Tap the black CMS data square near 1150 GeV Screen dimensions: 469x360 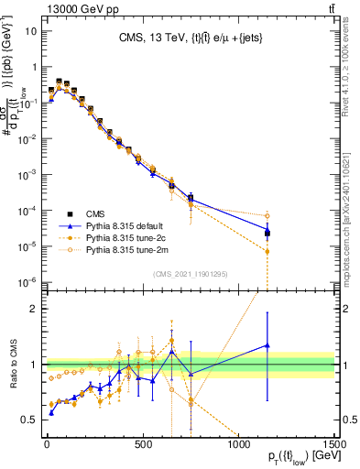point(267,234)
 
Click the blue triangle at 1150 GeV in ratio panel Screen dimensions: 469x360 point(267,345)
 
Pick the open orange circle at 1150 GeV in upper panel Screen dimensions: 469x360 point(267,216)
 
